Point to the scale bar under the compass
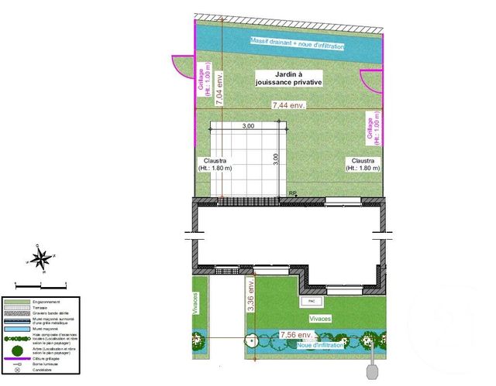(x=43, y=275)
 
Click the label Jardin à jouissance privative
(x=288, y=77)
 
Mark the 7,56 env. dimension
(x=297, y=335)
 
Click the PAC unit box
(x=312, y=300)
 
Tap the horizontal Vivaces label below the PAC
(x=320, y=317)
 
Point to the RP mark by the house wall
(x=293, y=193)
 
